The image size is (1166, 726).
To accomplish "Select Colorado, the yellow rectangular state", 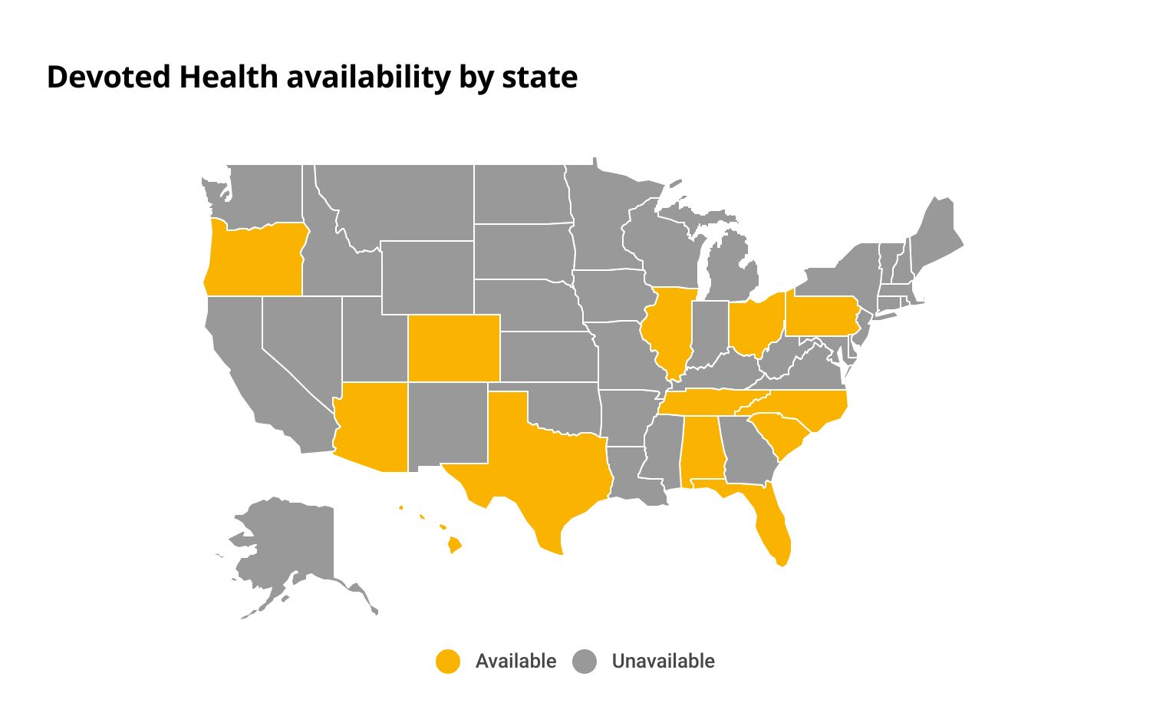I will (x=453, y=348).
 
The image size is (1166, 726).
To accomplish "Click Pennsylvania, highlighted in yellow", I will (x=821, y=315).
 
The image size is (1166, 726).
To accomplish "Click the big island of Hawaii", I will (x=455, y=545).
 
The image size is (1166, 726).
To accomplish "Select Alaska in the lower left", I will (x=291, y=545).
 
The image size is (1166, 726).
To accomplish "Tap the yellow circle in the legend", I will (x=448, y=662).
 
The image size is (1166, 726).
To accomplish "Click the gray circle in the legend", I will (x=585, y=662).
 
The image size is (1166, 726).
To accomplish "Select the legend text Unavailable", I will (x=663, y=662).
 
